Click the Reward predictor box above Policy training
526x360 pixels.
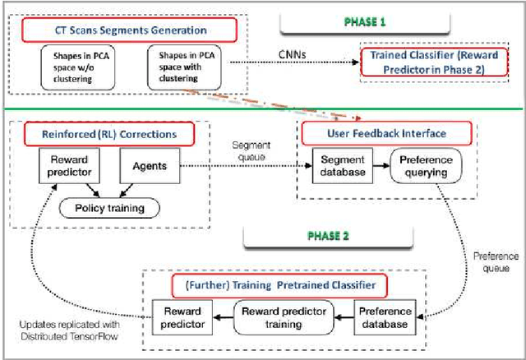point(70,166)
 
